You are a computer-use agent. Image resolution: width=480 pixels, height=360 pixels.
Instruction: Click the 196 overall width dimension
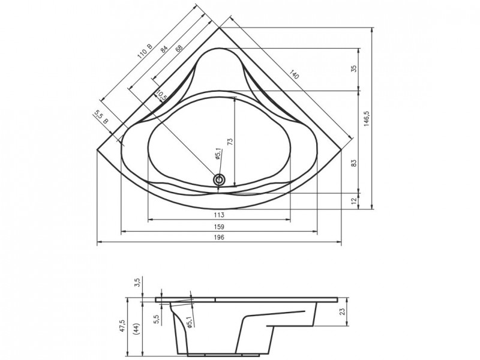[x=219, y=237]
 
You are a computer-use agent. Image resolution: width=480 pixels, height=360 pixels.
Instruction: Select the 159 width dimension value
[x=219, y=227]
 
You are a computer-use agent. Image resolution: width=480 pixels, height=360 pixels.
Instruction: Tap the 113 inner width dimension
[x=219, y=215]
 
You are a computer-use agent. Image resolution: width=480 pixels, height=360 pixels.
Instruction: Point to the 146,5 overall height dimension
[x=367, y=118]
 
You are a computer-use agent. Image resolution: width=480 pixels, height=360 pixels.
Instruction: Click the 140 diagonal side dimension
[x=293, y=74]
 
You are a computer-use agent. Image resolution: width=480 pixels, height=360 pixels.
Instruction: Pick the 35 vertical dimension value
[x=354, y=68]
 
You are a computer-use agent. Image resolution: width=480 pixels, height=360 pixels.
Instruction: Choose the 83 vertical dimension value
[x=354, y=163]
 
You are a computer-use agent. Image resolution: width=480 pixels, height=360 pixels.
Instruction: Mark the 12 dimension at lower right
[x=354, y=201]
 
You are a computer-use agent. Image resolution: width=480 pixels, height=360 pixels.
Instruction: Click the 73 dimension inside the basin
[x=230, y=141]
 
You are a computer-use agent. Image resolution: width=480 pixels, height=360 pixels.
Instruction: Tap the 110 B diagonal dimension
[x=145, y=51]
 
